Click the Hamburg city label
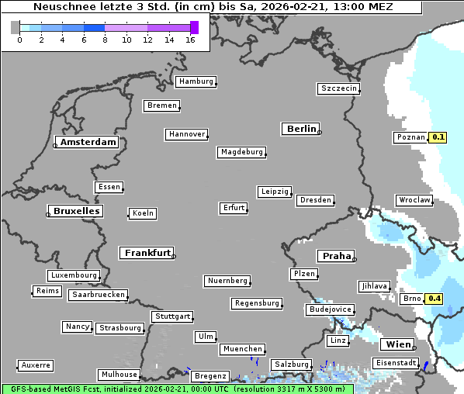(x=196, y=81)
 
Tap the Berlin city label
(x=301, y=129)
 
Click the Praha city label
(x=336, y=256)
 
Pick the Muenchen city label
(x=243, y=349)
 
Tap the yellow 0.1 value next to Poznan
(x=438, y=137)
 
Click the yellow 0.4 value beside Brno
(x=435, y=299)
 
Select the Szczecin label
(x=339, y=88)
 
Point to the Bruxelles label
(x=75, y=211)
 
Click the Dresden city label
(x=316, y=200)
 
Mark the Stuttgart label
(x=173, y=316)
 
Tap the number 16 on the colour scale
(x=191, y=40)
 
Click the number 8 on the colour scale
(x=105, y=40)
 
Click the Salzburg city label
(x=291, y=365)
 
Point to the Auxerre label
(x=36, y=365)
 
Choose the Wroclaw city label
(x=414, y=200)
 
